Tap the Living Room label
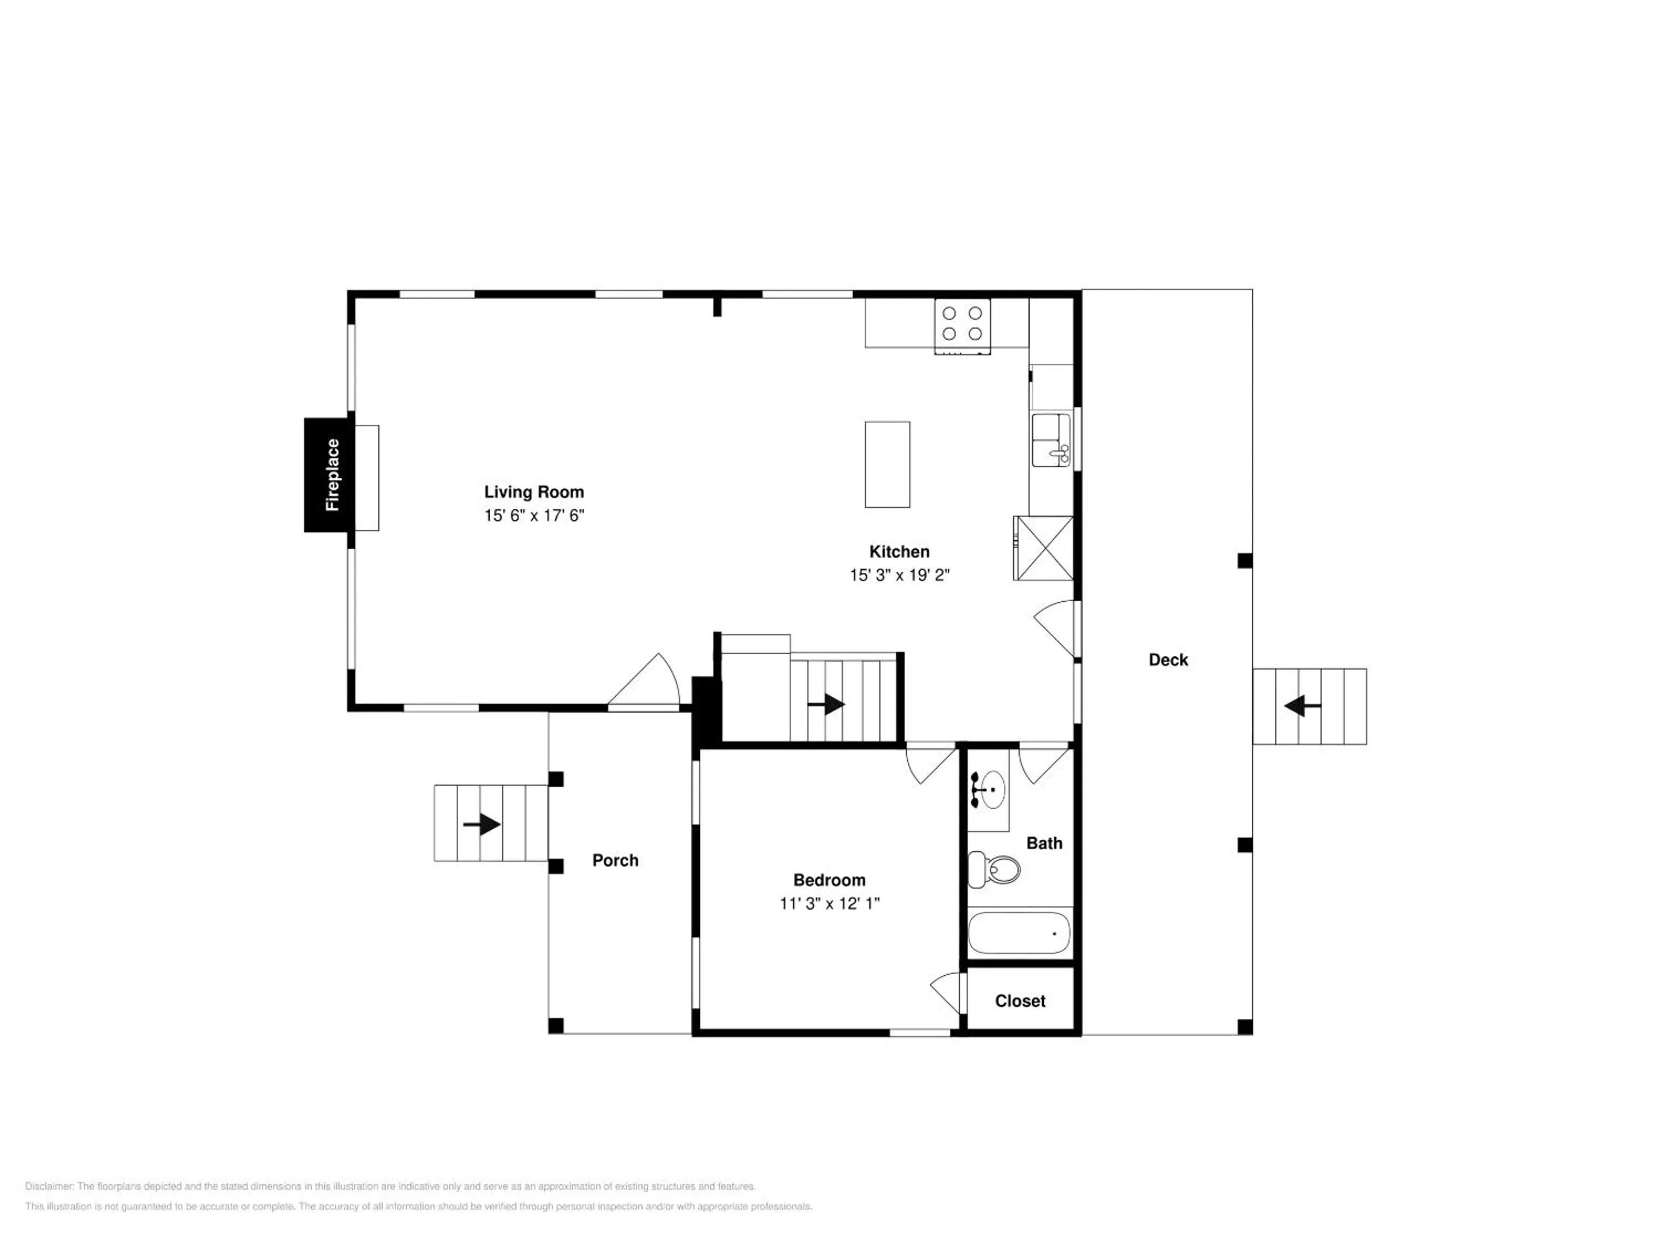point(533,492)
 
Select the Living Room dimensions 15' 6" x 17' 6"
point(533,515)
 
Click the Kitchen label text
point(899,552)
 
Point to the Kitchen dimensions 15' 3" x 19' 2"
point(899,575)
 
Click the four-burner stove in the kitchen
point(962,326)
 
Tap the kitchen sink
point(1051,440)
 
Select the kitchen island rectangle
point(887,465)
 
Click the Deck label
point(1168,659)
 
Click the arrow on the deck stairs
point(1304,706)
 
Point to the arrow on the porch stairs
point(482,825)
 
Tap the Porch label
point(615,860)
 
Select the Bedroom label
point(829,880)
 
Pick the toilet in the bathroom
point(994,870)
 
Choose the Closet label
point(1020,1001)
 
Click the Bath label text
point(1044,843)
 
